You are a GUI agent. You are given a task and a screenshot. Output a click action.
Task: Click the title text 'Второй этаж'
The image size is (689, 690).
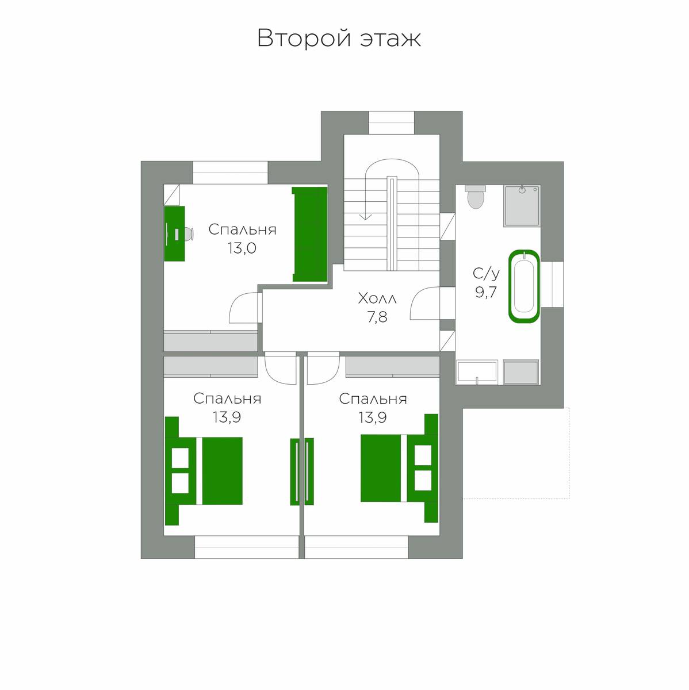tap(339, 38)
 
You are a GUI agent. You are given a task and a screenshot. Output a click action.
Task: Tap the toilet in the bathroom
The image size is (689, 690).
tap(476, 197)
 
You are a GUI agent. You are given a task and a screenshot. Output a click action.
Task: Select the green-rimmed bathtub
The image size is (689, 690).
tap(524, 286)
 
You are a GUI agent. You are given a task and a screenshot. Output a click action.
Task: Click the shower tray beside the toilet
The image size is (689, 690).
tap(522, 206)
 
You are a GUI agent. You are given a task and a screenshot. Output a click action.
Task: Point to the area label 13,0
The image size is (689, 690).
tap(242, 248)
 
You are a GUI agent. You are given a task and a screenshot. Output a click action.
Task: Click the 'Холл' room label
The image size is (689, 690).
tap(377, 298)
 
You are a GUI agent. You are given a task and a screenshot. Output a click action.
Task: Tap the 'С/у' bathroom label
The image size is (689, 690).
tap(486, 274)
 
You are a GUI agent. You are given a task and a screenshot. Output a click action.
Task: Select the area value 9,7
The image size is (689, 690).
tap(486, 293)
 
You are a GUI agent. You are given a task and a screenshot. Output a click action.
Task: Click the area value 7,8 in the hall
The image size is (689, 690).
tap(377, 317)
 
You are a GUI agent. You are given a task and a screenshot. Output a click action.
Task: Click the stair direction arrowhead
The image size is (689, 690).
tap(365, 216)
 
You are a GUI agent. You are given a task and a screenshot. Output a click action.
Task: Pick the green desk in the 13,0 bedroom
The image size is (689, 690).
tap(174, 233)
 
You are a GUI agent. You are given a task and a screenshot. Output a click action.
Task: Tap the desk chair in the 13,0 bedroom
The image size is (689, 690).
tap(189, 233)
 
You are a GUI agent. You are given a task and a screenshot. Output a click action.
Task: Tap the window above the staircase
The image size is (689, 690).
tap(392, 123)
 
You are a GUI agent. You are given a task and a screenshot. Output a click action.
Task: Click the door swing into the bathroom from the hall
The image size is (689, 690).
tap(425, 303)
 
